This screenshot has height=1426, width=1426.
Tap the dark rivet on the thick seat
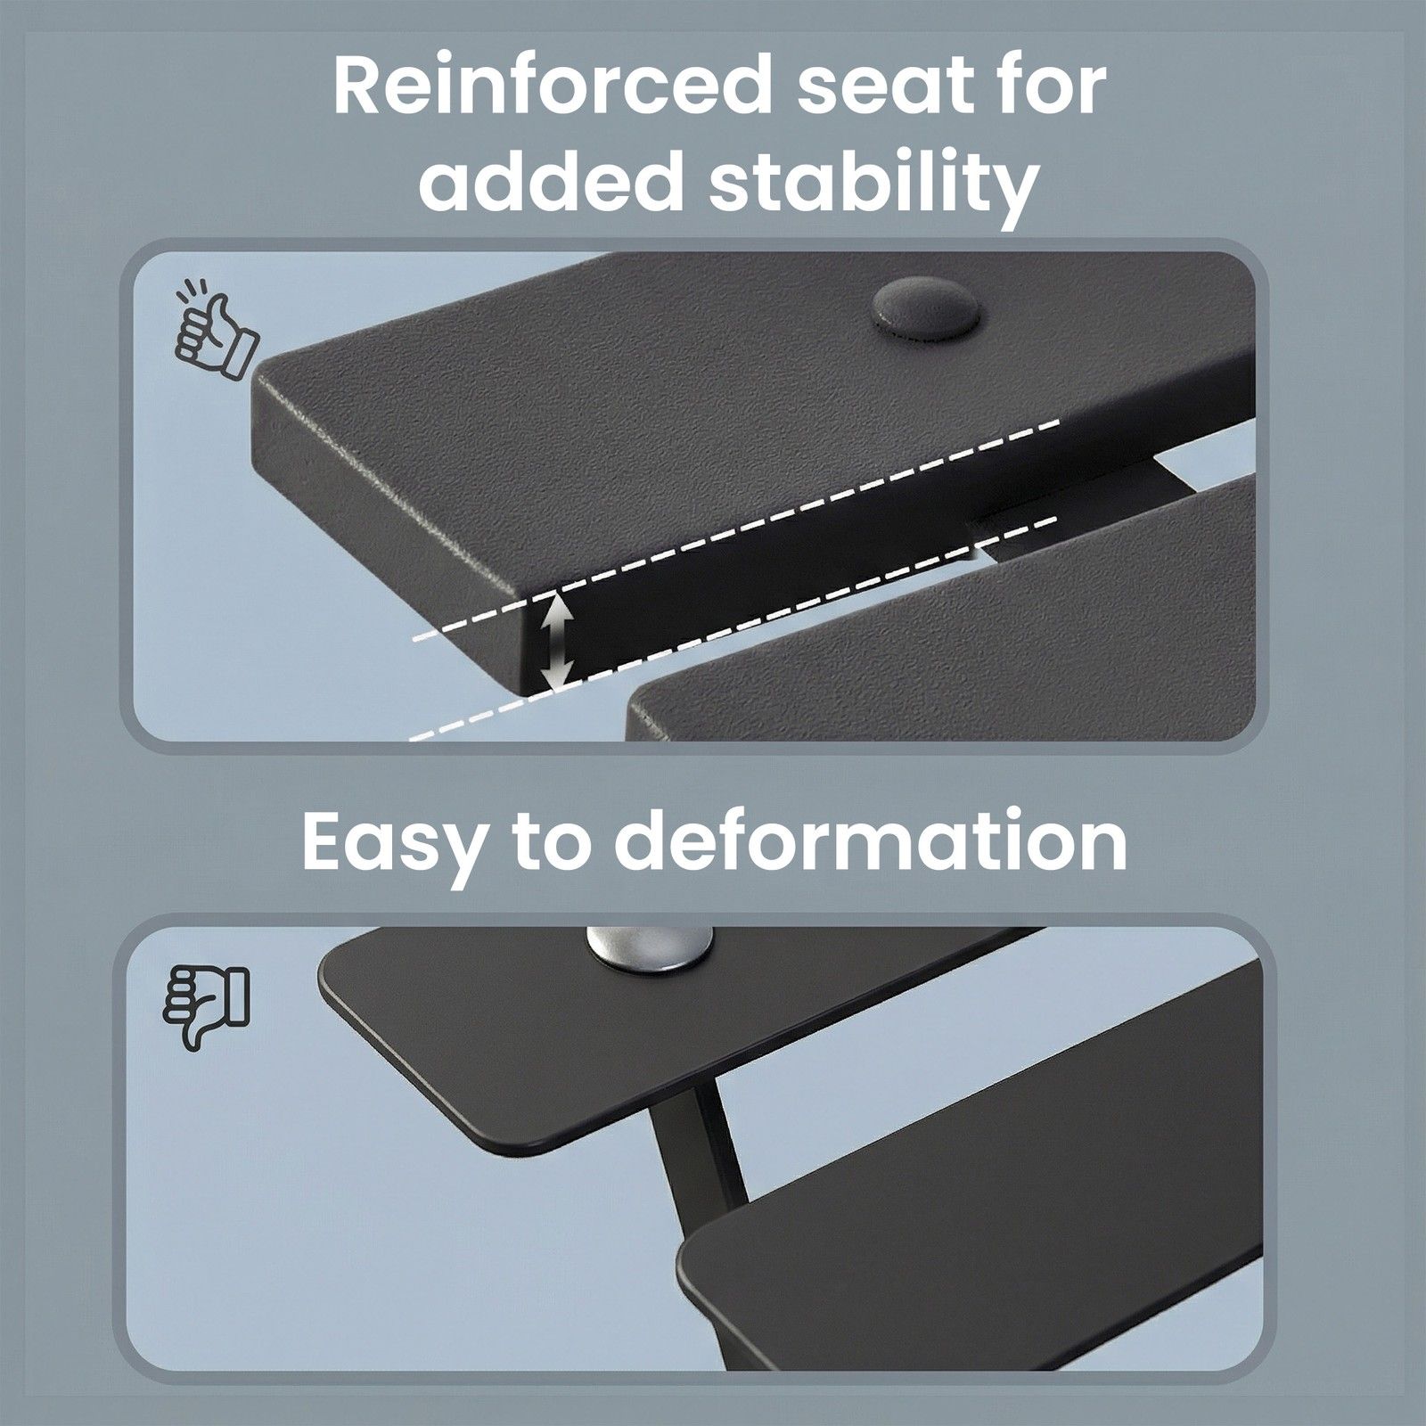click(924, 311)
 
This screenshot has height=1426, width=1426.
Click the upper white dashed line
click(737, 526)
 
